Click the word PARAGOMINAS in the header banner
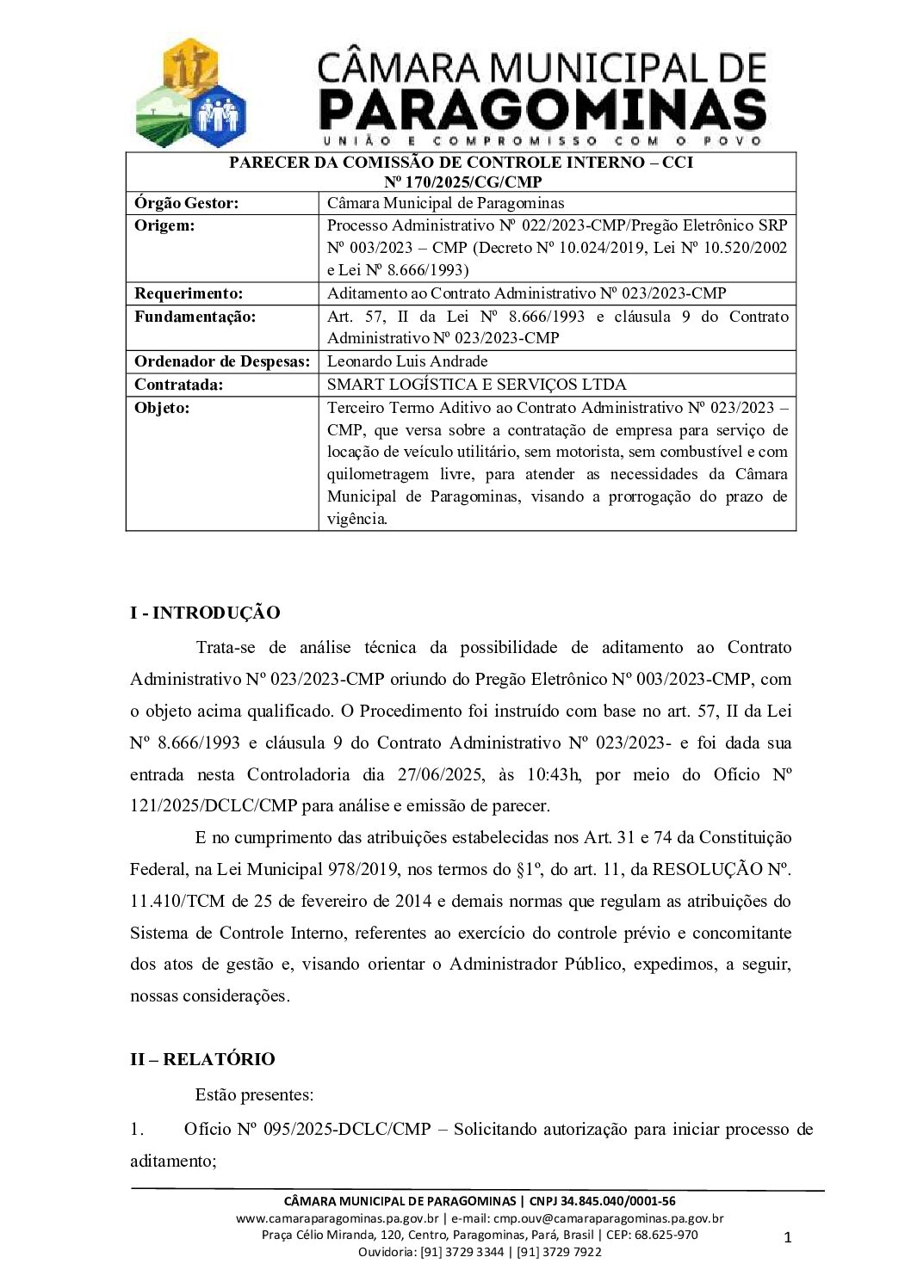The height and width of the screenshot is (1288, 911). coord(542,110)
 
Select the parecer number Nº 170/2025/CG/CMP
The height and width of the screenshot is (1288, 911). coord(462,182)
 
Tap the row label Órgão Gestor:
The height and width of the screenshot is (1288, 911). coord(187,203)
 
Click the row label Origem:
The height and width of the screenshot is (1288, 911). coord(164,225)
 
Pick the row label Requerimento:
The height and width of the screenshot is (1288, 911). coord(189,293)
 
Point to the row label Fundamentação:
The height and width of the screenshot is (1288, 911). coord(195,317)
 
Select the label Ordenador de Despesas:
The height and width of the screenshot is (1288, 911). coord(222,361)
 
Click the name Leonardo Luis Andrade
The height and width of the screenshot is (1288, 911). coord(407,361)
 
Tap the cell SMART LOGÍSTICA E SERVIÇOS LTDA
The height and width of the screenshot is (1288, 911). coord(477,385)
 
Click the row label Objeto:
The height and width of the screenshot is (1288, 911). coord(162,408)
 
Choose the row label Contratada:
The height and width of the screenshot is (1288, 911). coord(178,385)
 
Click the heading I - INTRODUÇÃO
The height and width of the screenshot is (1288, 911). coord(205,613)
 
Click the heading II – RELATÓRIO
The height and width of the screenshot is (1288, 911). coord(202,1059)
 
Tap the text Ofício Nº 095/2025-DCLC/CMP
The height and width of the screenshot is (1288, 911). coord(307,1129)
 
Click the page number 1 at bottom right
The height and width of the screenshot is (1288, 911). coord(787,1238)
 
